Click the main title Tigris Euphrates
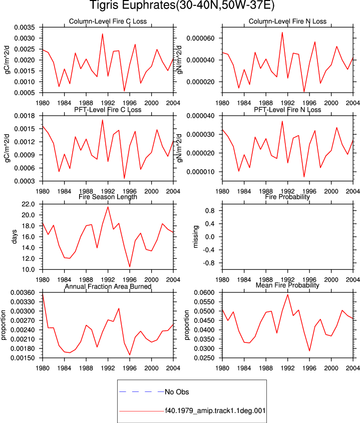[x=132, y=6]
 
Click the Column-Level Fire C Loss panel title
[x=108, y=22]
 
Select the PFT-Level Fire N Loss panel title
[x=287, y=110]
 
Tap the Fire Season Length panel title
[x=108, y=197]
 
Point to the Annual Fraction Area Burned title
[x=108, y=286]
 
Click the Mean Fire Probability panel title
[x=287, y=285]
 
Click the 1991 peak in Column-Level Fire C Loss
[x=103, y=34]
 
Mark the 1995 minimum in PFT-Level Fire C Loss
[x=124, y=178]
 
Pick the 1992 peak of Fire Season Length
[x=108, y=207]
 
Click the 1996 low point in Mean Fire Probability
[x=309, y=351]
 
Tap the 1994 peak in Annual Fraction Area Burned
[x=119, y=308]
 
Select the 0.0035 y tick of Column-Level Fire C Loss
[x=25, y=28]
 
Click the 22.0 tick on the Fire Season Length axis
[x=29, y=204]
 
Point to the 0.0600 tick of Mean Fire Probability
[x=204, y=293]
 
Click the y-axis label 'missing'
[x=196, y=237]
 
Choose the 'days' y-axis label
[x=14, y=237]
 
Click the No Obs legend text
[x=177, y=391]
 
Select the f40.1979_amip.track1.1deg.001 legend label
[x=215, y=410]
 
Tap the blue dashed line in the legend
[x=142, y=391]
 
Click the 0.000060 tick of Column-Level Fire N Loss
[x=200, y=39]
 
